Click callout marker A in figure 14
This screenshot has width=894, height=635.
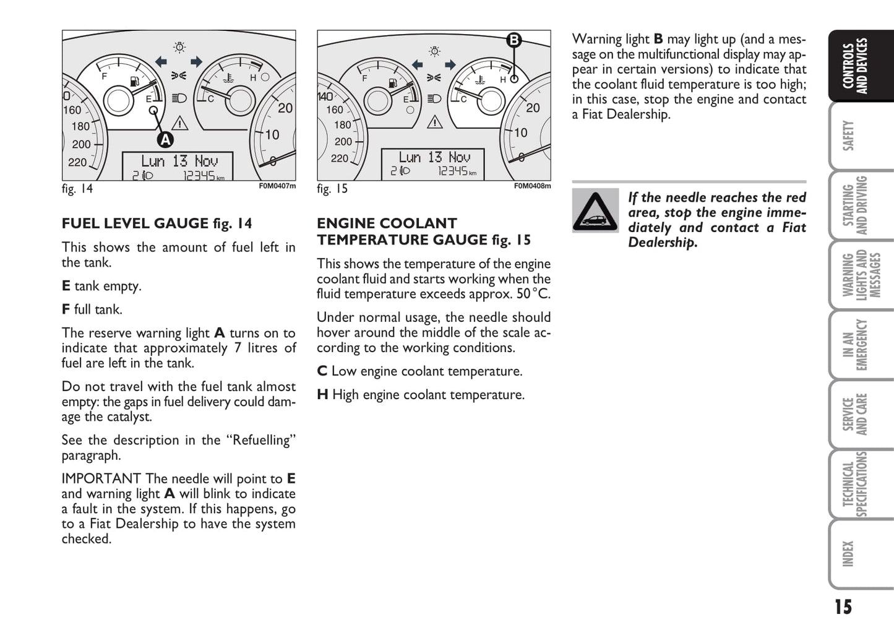point(165,140)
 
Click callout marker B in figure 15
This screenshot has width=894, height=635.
point(514,41)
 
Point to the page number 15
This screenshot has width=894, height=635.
point(843,607)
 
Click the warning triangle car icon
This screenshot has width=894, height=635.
point(595,211)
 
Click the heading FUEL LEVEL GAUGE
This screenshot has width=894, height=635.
point(135,223)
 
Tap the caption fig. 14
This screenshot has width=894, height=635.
point(77,189)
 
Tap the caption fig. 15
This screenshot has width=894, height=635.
point(332,189)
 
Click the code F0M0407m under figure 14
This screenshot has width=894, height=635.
point(277,186)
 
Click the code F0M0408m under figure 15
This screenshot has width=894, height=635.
point(532,186)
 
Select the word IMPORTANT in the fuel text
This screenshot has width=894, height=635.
point(101,478)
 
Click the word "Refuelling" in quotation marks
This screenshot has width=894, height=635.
point(260,440)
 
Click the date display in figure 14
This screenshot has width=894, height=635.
point(179,161)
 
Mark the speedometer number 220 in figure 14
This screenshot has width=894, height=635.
point(77,162)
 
